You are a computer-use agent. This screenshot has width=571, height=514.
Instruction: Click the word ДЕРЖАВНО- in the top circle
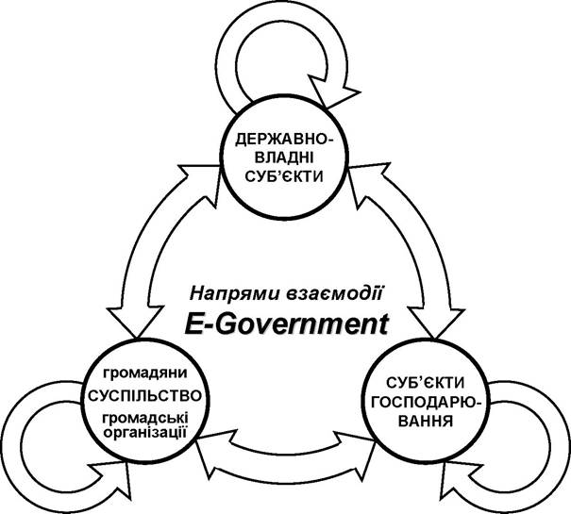click(284, 140)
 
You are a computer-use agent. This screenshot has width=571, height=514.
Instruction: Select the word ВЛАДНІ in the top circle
click(284, 158)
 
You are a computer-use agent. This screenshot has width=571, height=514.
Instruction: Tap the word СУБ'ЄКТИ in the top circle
click(284, 176)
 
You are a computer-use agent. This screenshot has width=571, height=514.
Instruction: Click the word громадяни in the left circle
click(145, 373)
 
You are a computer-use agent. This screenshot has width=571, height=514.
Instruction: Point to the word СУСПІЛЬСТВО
click(145, 396)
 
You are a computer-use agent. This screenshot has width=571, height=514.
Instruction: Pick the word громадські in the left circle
click(145, 418)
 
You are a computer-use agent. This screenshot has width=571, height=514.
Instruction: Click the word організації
click(145, 433)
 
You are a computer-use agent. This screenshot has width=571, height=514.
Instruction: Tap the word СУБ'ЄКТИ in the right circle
click(426, 383)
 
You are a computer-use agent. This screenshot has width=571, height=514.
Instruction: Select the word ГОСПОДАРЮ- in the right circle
click(426, 403)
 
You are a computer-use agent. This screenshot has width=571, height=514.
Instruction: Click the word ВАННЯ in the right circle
click(426, 422)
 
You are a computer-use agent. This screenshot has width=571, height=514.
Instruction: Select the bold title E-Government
click(286, 324)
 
